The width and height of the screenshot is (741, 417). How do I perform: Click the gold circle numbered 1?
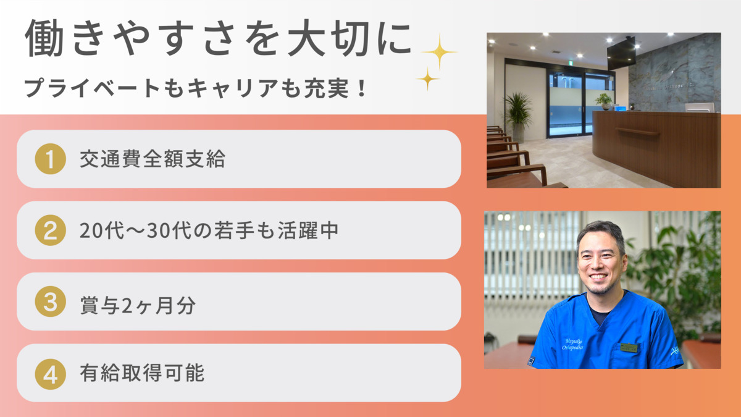51,159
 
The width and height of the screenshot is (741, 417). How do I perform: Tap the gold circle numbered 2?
51,230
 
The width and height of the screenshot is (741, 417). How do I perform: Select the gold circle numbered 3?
51,302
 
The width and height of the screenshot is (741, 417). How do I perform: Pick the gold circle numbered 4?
51,374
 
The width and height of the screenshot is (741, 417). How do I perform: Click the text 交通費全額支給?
152,159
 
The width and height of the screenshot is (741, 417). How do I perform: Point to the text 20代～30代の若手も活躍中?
209,231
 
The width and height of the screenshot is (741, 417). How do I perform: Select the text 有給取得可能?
141,374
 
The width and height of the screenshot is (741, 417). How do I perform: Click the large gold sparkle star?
439,52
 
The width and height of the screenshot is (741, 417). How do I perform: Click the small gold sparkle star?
427,78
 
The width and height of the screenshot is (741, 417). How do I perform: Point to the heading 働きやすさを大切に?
218,38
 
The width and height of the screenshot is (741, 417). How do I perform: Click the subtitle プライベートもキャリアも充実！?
196,88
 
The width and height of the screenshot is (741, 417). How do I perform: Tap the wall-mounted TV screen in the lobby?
621,53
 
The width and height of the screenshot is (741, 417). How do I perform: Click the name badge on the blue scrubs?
629,347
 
